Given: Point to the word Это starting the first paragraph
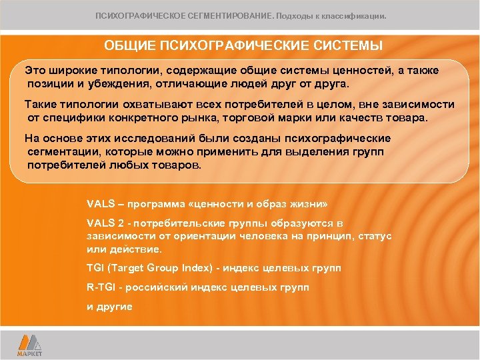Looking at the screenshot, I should coord(35,70).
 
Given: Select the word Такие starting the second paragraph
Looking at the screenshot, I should coord(40,105).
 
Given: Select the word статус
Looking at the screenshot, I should coord(375,236).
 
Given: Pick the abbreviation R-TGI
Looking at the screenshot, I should coord(101,287).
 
